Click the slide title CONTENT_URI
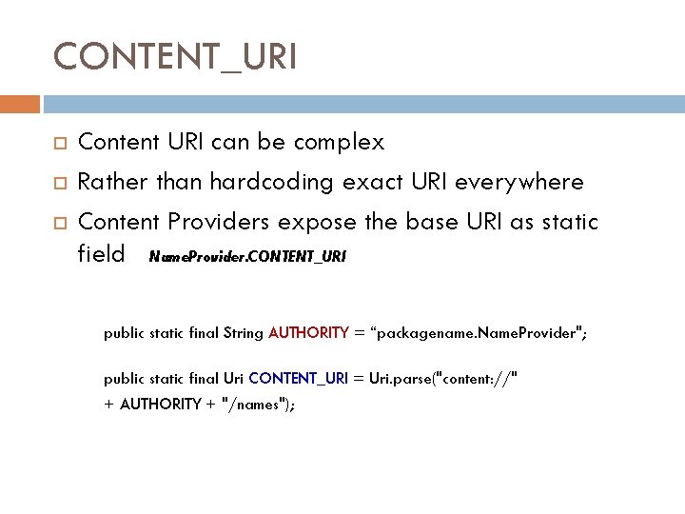[175, 56]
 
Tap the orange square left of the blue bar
[20, 103]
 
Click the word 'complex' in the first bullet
[339, 143]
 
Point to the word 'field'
[101, 253]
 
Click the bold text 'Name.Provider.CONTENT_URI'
[248, 256]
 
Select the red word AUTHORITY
[309, 332]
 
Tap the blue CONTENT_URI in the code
[299, 378]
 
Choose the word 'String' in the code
[244, 332]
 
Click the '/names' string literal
[253, 404]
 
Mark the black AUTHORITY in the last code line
[160, 404]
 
